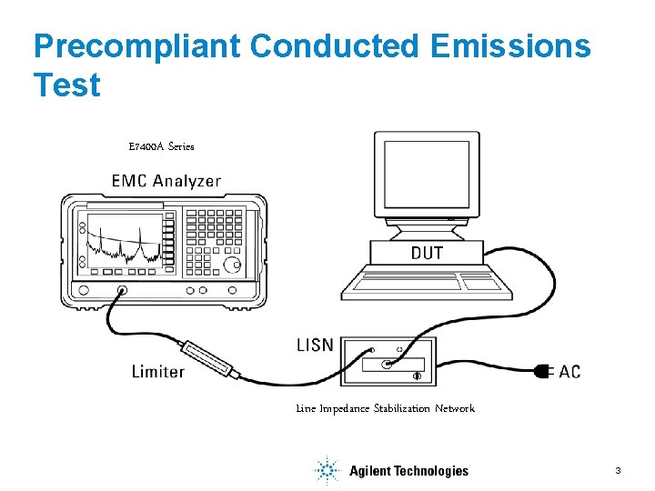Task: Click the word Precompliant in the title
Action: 136,45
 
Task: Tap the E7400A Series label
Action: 161,145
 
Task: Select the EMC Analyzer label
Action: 166,180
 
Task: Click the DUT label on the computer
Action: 427,252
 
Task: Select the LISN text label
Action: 315,346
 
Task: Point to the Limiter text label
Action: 158,371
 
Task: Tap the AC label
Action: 569,371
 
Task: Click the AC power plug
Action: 543,371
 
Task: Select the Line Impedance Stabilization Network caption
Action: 385,408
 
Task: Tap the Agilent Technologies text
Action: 408,471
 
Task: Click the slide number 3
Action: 618,470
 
